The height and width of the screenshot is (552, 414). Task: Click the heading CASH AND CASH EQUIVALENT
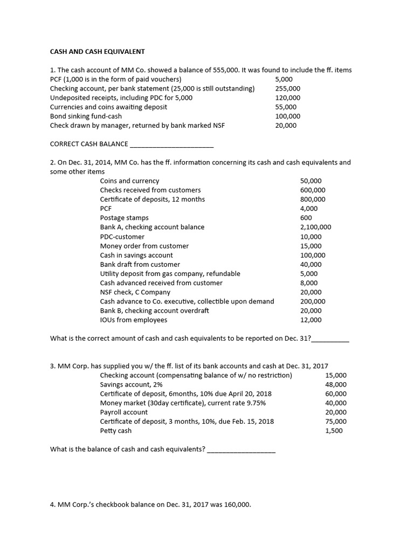tap(98, 52)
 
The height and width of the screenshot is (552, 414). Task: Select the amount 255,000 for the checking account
tap(288, 88)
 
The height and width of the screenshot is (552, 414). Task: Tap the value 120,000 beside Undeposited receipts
tap(288, 98)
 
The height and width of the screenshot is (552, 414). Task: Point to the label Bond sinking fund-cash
tap(86, 116)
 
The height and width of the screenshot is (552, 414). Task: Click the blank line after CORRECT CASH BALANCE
tap(172, 144)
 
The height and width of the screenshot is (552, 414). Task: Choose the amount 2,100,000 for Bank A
tap(316, 227)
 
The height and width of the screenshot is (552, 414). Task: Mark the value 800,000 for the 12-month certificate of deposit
tap(313, 199)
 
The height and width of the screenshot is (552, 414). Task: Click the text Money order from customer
tap(144, 246)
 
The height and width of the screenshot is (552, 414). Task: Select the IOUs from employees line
tap(134, 320)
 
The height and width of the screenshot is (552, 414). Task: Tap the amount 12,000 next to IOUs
tap(310, 320)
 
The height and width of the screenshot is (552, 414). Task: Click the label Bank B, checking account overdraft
tap(154, 310)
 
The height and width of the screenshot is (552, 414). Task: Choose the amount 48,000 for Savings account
tap(336, 384)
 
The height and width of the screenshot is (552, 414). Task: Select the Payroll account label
tap(124, 412)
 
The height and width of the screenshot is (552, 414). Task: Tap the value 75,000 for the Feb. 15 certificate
tap(336, 422)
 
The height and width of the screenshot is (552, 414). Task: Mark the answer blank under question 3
tap(241, 449)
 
